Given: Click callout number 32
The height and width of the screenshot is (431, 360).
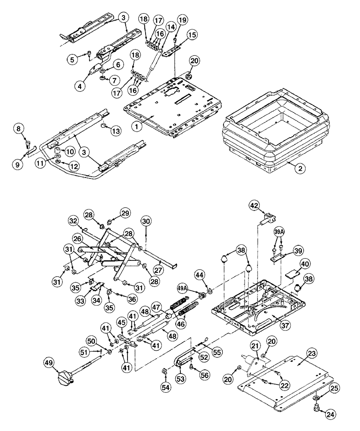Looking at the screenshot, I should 74,221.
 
